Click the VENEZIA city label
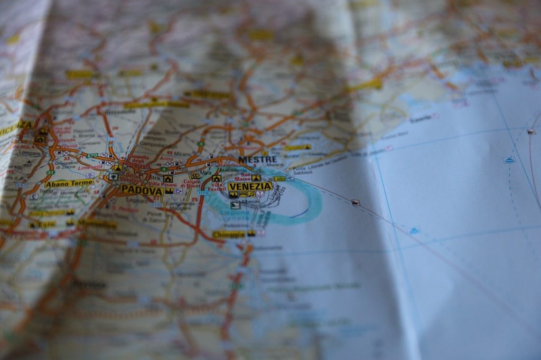[250, 186]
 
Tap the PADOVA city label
[141, 190]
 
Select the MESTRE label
[257, 159]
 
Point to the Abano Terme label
[69, 183]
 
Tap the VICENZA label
[16, 127]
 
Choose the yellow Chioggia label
[229, 234]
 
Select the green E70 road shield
[93, 156]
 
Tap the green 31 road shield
[50, 173]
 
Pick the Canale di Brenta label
[192, 184]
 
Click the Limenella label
[90, 167]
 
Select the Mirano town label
[183, 154]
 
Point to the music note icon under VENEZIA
[260, 194]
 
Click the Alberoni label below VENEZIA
[251, 201]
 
